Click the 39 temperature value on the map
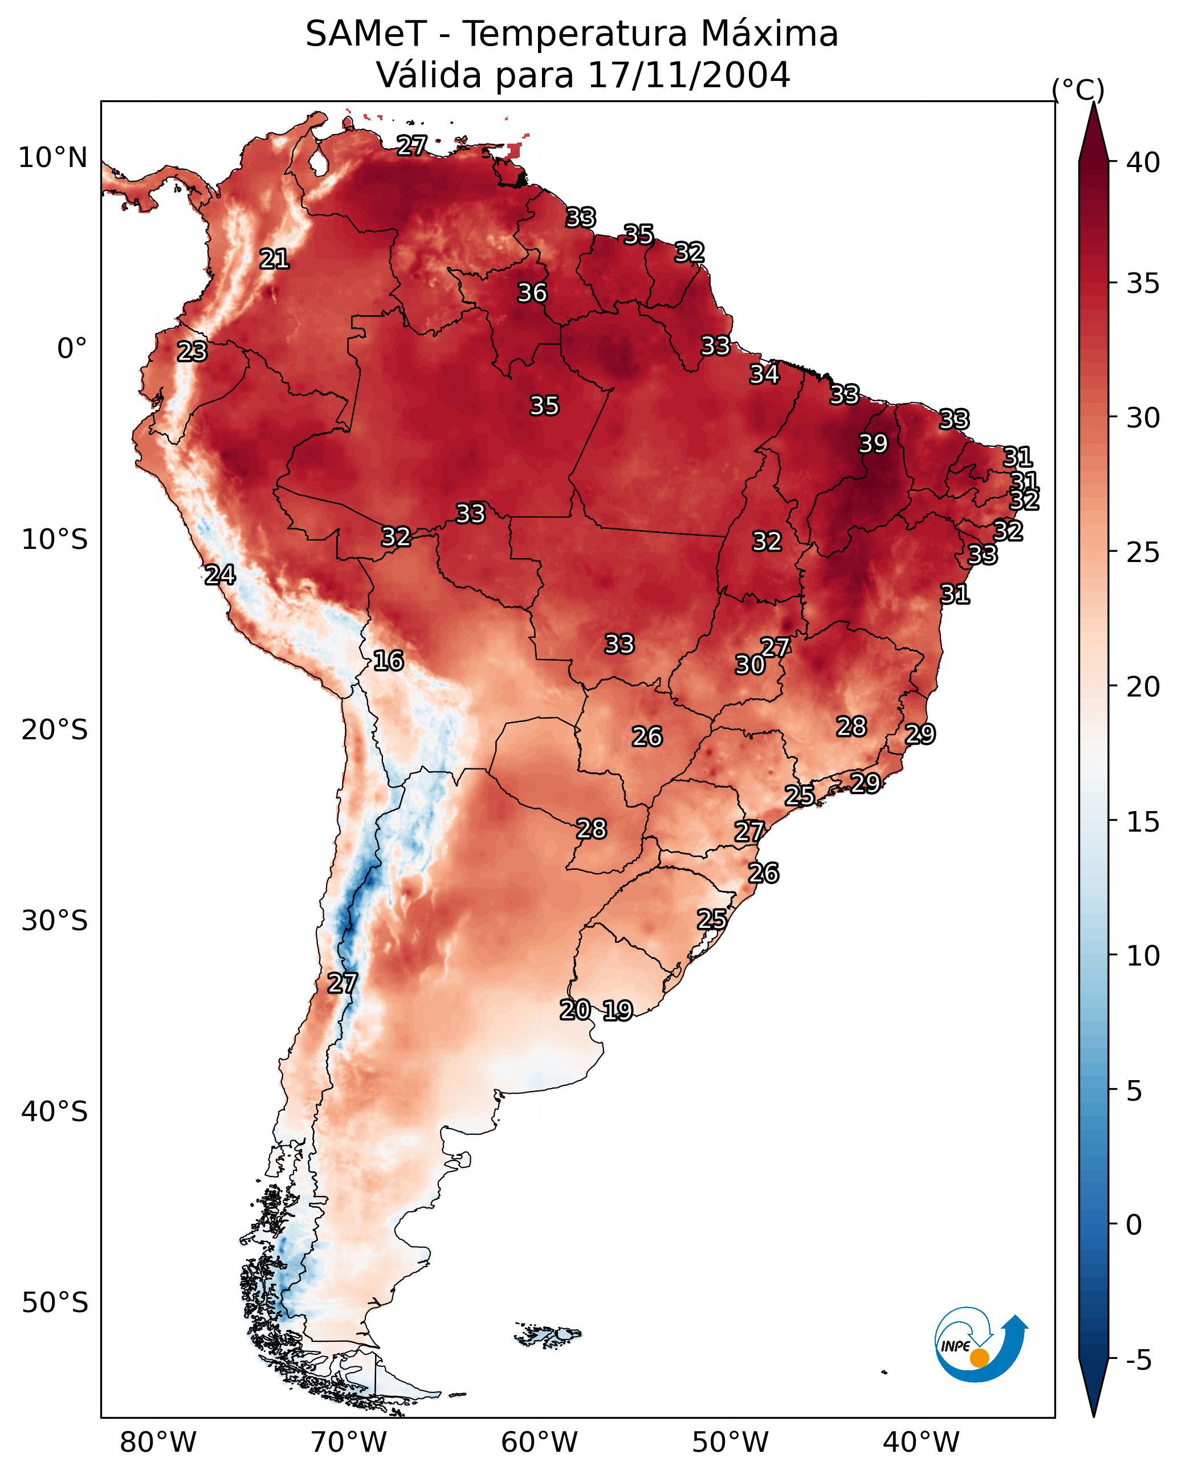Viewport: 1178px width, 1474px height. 873,443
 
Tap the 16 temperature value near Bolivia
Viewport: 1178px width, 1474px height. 388,661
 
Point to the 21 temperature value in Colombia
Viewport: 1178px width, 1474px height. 274,259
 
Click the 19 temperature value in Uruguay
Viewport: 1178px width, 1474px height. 617,1011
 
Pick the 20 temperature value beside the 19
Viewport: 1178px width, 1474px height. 575,1010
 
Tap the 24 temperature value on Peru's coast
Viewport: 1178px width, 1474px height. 220,575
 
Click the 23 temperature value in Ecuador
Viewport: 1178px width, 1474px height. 192,352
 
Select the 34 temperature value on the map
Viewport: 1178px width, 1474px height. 764,374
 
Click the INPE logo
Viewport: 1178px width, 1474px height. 979,1346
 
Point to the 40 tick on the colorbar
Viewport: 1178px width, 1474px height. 1143,162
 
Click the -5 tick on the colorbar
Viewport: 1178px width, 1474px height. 1138,1360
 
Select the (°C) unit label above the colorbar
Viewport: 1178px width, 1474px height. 1078,89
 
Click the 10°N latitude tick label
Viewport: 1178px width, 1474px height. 52,158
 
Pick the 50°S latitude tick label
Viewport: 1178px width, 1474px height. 55,1303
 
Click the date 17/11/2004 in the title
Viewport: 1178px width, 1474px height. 688,75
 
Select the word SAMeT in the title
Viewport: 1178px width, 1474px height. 366,34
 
